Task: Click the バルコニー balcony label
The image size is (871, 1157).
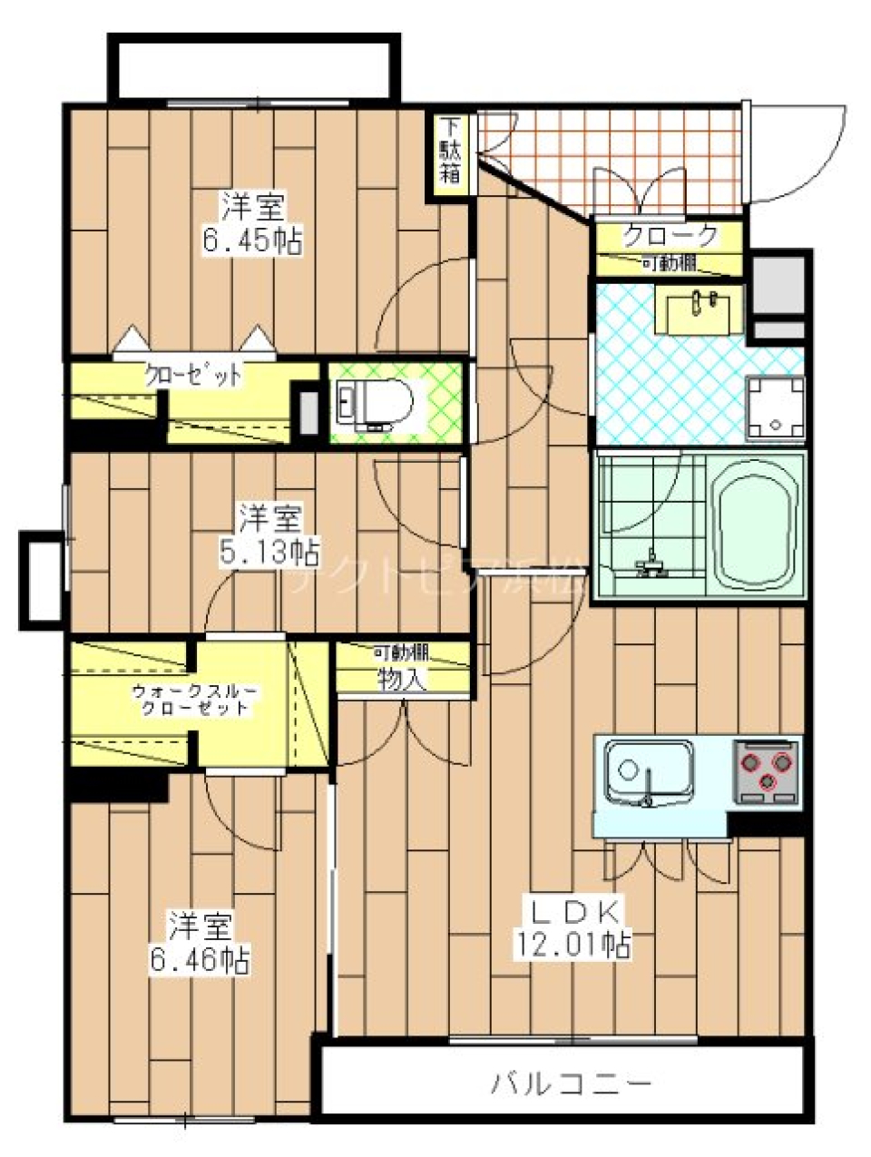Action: pos(572,1083)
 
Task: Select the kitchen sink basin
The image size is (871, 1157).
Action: pos(648,770)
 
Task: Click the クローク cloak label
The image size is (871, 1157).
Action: pos(670,236)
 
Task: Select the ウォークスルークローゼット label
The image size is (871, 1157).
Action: pos(194,699)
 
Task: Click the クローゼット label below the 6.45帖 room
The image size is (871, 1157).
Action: pos(194,374)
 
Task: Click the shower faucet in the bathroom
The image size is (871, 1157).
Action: pos(651,566)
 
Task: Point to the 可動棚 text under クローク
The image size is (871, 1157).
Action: pos(670,264)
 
